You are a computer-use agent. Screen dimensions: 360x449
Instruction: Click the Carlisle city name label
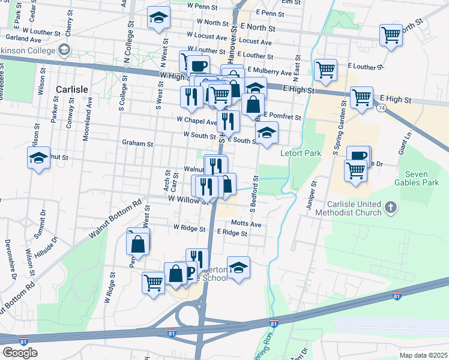coord(72,88)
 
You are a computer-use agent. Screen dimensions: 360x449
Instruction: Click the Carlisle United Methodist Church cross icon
coord(391,208)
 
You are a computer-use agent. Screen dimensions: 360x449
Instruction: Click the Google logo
coord(20,352)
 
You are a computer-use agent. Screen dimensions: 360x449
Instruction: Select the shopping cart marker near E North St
coord(391,35)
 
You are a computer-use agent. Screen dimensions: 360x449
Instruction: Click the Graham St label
coord(137,143)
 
